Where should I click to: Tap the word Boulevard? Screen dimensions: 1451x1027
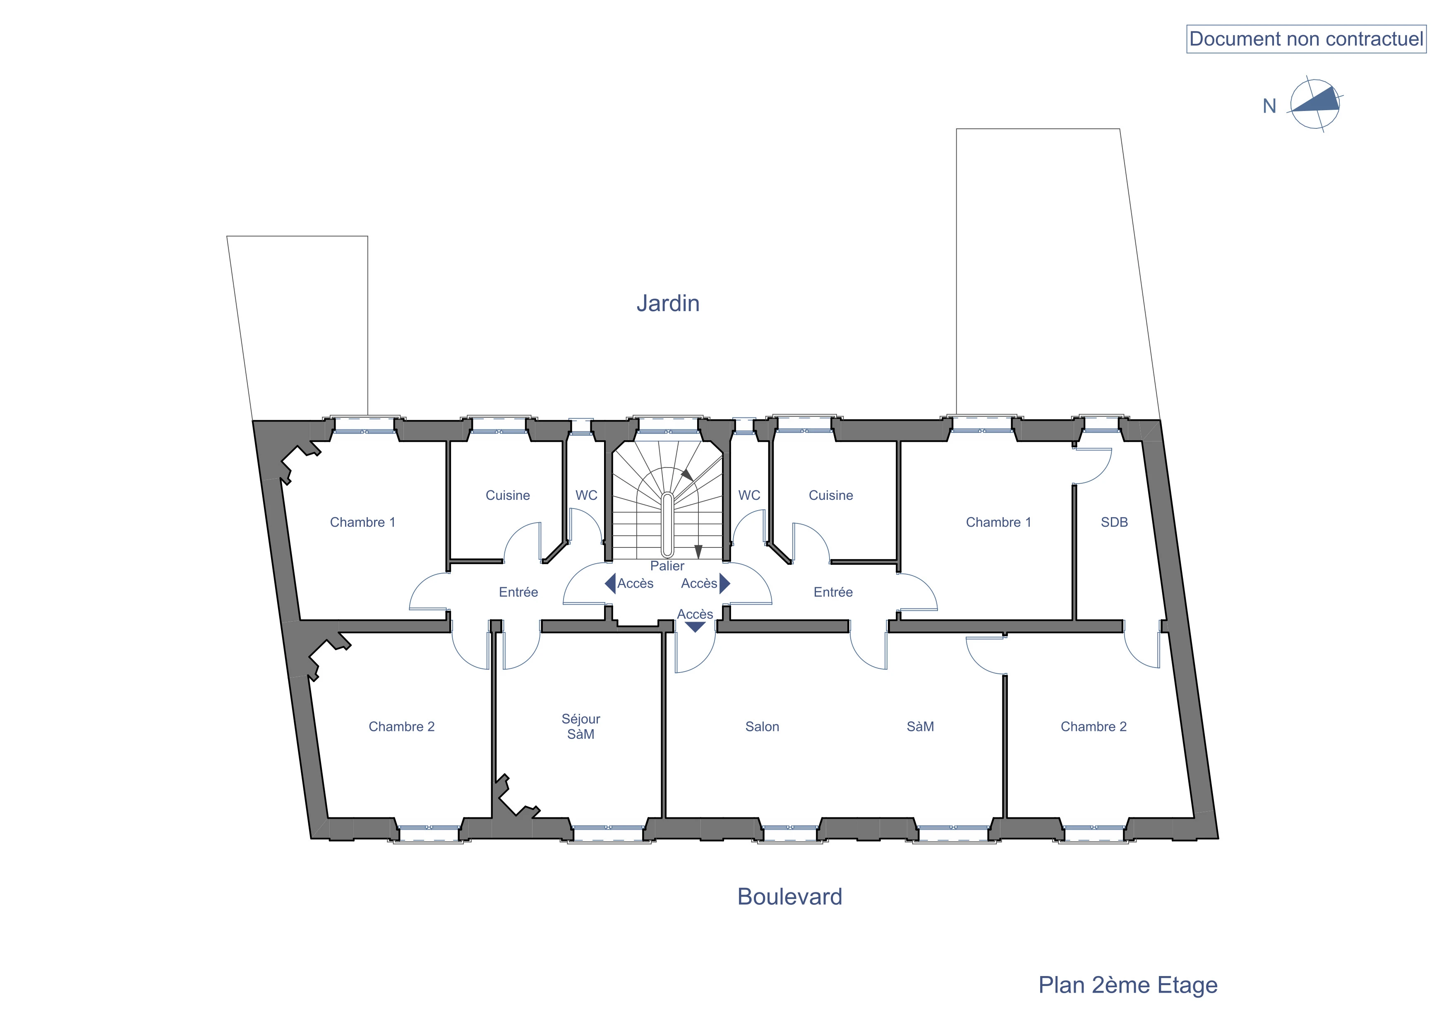point(789,897)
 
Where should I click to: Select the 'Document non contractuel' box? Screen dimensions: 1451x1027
point(1306,39)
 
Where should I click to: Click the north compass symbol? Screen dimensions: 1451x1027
point(1314,104)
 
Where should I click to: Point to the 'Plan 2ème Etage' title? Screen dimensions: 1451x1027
point(1127,985)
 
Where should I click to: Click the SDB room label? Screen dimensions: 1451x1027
point(1114,522)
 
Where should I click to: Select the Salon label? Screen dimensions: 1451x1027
point(762,727)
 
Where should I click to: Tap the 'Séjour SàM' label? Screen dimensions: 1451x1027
point(581,727)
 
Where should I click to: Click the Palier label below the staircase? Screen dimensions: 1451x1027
point(667,566)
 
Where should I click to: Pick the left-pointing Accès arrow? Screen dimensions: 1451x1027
point(611,583)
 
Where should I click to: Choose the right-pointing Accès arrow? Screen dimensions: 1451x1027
point(725,583)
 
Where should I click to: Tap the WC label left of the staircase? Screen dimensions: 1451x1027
point(586,495)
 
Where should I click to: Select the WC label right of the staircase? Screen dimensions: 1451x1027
point(750,495)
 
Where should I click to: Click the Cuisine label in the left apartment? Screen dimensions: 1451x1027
point(508,495)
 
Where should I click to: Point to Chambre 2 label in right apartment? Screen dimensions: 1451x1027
point(1093,727)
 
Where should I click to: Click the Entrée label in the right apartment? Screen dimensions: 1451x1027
point(833,592)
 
